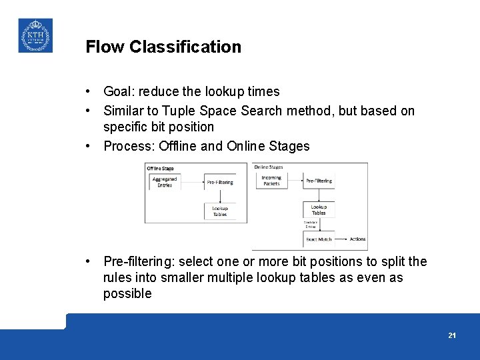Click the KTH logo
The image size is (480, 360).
[x=35, y=35]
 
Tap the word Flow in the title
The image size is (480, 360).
[x=105, y=47]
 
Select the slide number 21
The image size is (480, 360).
[x=452, y=335]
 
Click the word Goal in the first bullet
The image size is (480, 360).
[x=119, y=91]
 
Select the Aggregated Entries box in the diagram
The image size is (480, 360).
[x=165, y=182]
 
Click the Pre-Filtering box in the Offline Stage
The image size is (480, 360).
[x=220, y=182]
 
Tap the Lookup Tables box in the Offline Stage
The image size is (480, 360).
[x=220, y=211]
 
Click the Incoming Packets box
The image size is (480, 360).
[x=271, y=181]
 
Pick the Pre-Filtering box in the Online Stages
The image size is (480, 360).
[x=319, y=181]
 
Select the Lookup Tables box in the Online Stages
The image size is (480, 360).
[x=319, y=210]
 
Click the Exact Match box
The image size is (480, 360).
[x=319, y=239]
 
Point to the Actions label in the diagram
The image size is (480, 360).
[x=357, y=239]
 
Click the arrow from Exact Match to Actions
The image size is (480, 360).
[x=341, y=239]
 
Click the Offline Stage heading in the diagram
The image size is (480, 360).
[x=161, y=169]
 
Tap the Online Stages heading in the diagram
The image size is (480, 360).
[x=268, y=167]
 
